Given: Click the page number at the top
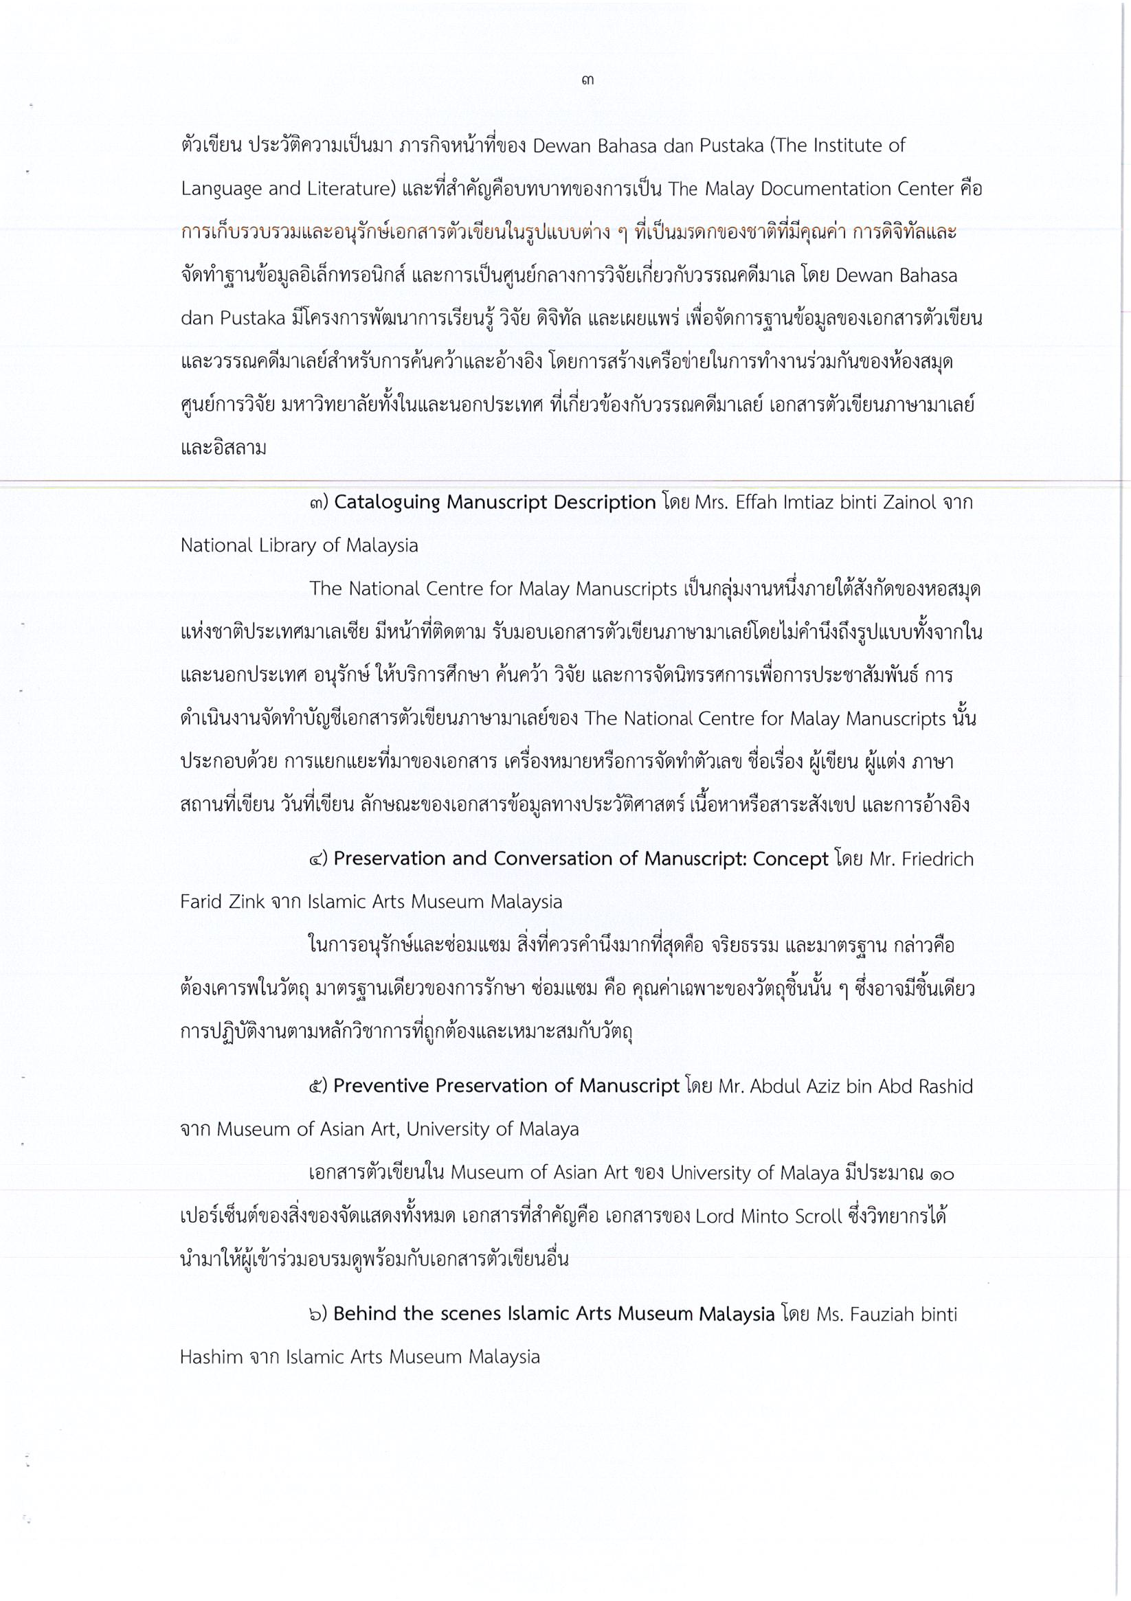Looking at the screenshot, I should pos(587,81).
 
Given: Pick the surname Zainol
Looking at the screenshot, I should pos(905,503).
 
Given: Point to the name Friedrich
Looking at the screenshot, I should pos(937,859).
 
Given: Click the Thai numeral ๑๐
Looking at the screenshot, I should pos(941,1174).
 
